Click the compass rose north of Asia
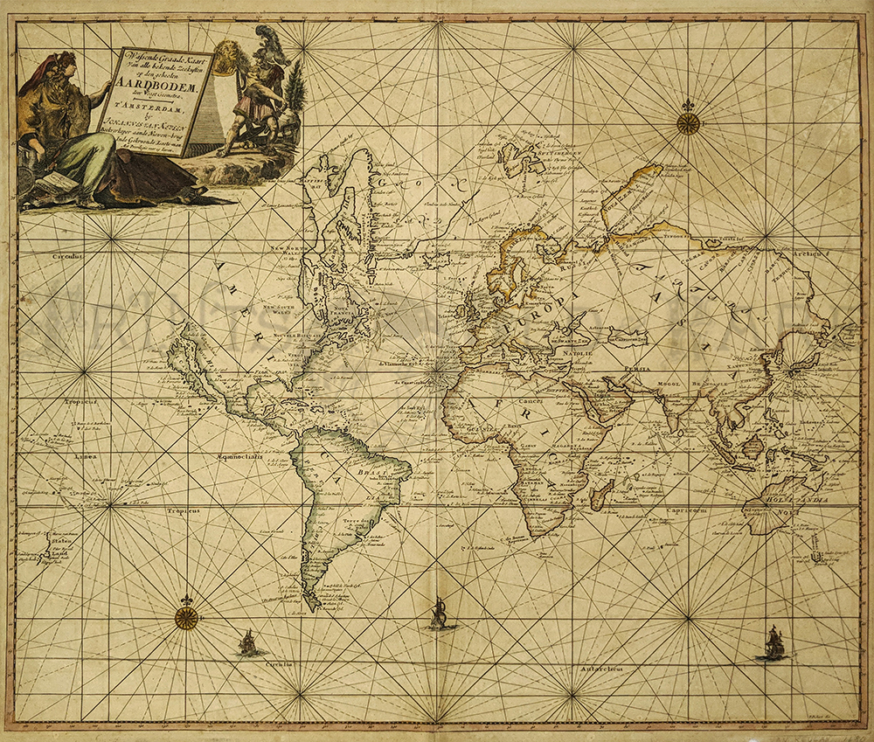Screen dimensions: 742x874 [688, 122]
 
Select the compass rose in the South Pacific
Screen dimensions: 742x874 [185, 617]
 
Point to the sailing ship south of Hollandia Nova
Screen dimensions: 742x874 [772, 643]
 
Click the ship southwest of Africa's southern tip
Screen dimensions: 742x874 [440, 614]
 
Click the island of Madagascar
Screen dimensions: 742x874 [598, 498]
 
